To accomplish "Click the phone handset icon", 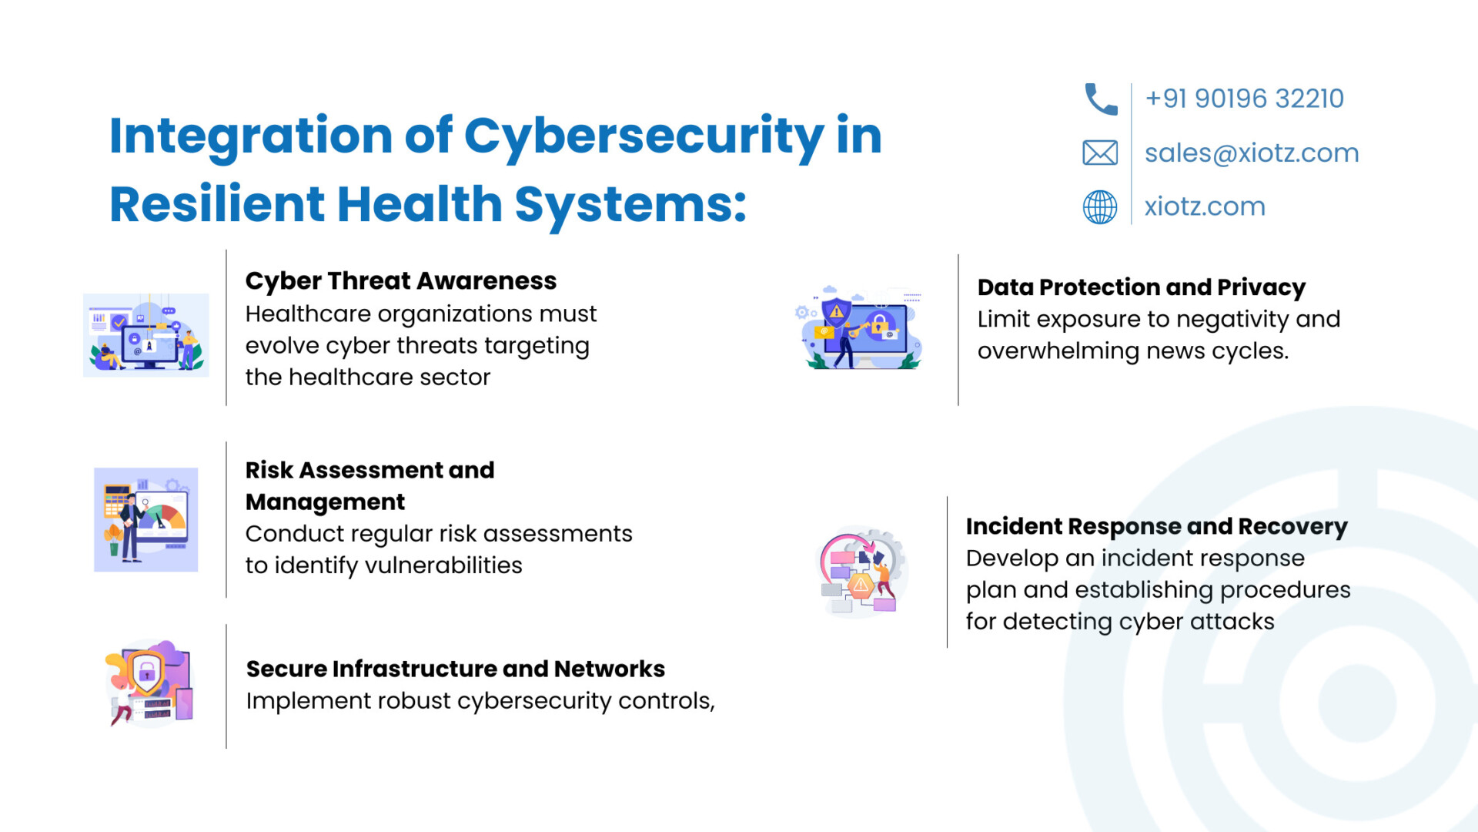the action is (x=1101, y=99).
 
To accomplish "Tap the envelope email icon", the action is (x=1100, y=153).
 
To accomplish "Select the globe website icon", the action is (x=1100, y=206).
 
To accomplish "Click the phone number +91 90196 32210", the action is (x=1244, y=99).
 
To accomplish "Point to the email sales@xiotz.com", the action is (x=1252, y=153).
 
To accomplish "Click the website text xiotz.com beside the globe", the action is (x=1205, y=206).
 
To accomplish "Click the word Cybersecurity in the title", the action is (x=644, y=137).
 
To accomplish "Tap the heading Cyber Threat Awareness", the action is (x=400, y=281).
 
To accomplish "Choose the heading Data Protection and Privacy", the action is (x=1142, y=287).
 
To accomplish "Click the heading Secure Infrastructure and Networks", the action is (x=456, y=669).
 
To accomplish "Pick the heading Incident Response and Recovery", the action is (x=1157, y=527).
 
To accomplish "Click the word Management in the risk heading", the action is (x=325, y=502).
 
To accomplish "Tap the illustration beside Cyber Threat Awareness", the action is (x=146, y=335).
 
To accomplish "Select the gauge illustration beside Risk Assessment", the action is (x=146, y=520).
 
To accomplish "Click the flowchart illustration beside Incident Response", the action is (x=861, y=572).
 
